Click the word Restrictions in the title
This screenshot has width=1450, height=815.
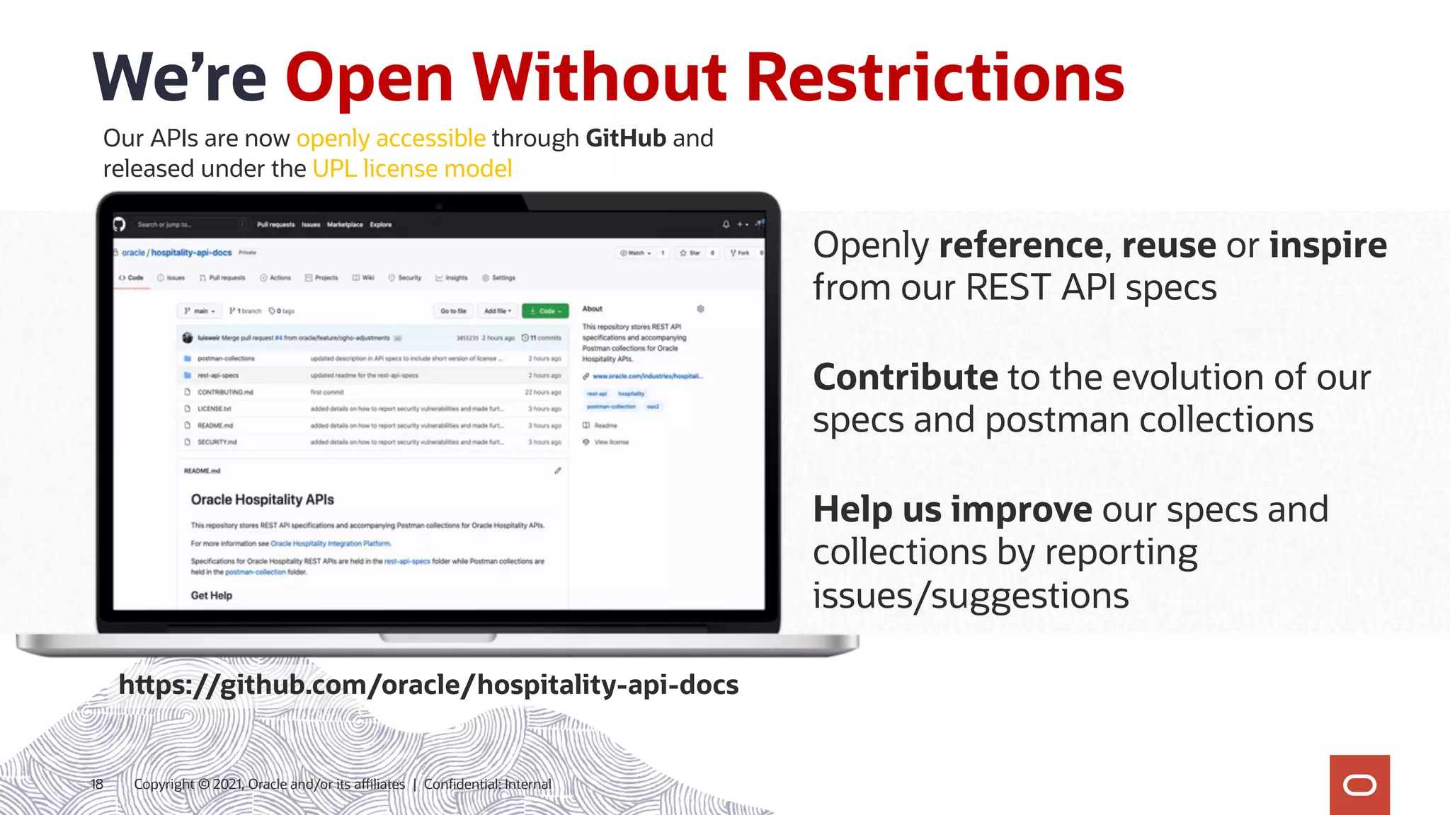(935, 78)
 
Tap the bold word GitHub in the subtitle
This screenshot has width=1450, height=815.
(626, 138)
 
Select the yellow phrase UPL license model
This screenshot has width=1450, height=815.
(412, 169)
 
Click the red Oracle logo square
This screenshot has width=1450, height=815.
(1359, 785)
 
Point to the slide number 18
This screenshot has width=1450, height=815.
(97, 784)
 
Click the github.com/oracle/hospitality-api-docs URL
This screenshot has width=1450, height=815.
(428, 685)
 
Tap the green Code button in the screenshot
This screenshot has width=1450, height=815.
(545, 311)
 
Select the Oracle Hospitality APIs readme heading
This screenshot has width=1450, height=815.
(262, 499)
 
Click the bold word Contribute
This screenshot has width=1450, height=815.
(905, 377)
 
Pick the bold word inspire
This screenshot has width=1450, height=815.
(1328, 245)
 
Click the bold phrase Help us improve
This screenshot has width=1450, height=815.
(952, 509)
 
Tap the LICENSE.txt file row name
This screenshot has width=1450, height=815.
(214, 409)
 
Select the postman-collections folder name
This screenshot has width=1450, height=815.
(226, 359)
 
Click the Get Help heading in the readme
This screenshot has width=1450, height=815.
(211, 596)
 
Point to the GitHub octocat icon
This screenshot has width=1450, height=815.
(119, 224)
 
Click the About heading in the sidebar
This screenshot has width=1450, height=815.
(592, 309)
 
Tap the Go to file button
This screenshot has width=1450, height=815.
(453, 311)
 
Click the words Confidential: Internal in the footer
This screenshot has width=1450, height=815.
(487, 784)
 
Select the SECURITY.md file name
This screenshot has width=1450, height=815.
(217, 442)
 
